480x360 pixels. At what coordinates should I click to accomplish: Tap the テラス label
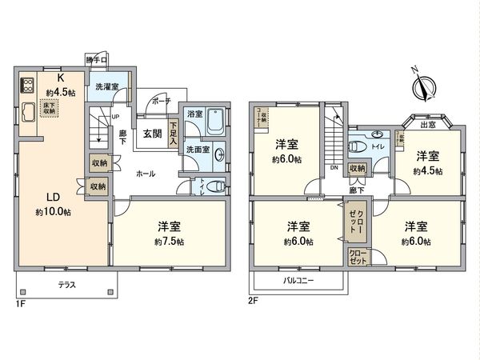[66, 285]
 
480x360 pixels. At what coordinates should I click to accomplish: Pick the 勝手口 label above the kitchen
[97, 60]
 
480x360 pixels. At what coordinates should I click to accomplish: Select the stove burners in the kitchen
[26, 85]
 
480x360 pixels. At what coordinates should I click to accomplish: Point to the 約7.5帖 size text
[170, 241]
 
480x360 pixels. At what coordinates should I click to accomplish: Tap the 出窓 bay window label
[429, 123]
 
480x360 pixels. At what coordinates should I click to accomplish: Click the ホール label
[145, 173]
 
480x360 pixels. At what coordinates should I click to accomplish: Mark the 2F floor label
[253, 302]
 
